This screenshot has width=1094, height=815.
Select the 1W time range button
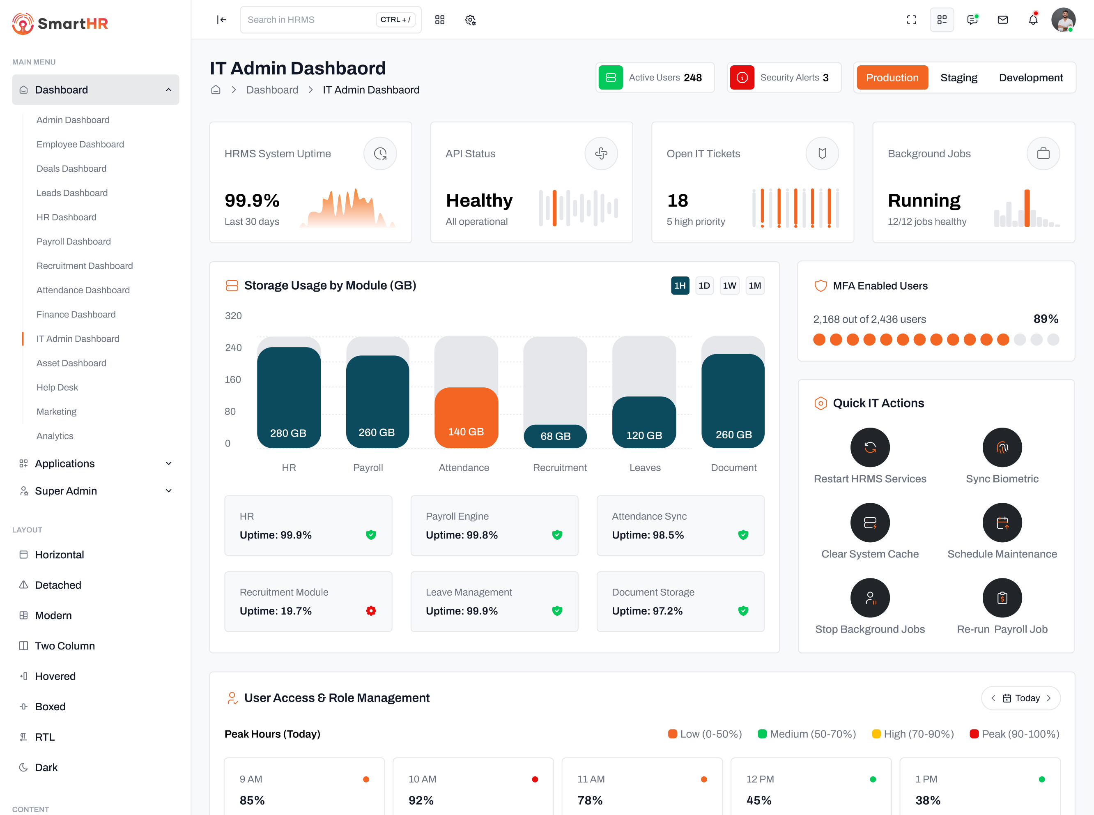pyautogui.click(x=729, y=285)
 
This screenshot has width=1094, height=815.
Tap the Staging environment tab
pyautogui.click(x=958, y=78)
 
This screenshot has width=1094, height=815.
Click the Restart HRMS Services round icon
pyautogui.click(x=870, y=447)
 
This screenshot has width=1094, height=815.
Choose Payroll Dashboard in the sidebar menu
pyautogui.click(x=74, y=241)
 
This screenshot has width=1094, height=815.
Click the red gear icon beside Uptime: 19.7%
pyautogui.click(x=371, y=611)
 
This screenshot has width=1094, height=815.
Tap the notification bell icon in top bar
pyautogui.click(x=1033, y=20)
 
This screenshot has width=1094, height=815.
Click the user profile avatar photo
pyautogui.click(x=1063, y=20)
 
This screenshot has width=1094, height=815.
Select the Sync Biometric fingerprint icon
pyautogui.click(x=1002, y=447)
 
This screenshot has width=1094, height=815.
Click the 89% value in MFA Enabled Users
pyautogui.click(x=1046, y=319)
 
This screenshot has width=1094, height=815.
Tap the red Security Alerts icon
pyautogui.click(x=742, y=78)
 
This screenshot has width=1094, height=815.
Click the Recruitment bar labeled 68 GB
pyautogui.click(x=555, y=436)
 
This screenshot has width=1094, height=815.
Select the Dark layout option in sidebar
pyautogui.click(x=46, y=767)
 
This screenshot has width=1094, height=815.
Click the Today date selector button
pyautogui.click(x=1020, y=698)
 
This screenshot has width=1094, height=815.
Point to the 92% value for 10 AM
pyautogui.click(x=421, y=800)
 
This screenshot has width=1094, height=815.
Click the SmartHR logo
pyautogui.click(x=60, y=23)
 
